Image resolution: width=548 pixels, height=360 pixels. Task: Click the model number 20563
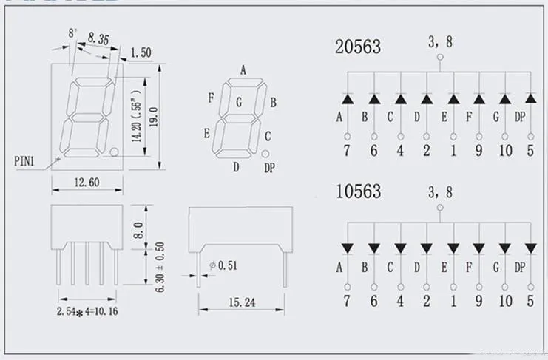click(358, 47)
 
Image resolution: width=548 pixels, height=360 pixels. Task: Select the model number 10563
click(358, 191)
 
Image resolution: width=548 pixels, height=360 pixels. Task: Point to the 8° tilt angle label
click(72, 33)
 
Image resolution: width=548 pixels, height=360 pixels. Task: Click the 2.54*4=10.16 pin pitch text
click(87, 311)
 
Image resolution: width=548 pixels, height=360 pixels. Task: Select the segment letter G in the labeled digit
click(239, 103)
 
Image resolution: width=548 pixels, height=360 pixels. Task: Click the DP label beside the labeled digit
click(269, 168)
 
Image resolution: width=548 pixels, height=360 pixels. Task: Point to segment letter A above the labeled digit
click(242, 71)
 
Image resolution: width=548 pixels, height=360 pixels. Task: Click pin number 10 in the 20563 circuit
click(505, 152)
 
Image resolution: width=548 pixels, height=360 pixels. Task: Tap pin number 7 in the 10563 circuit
click(347, 300)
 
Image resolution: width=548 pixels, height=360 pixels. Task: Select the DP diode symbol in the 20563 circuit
click(530, 98)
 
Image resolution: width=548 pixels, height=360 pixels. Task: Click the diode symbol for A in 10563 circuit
click(347, 247)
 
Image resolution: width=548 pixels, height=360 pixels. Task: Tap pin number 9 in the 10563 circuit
click(479, 300)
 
